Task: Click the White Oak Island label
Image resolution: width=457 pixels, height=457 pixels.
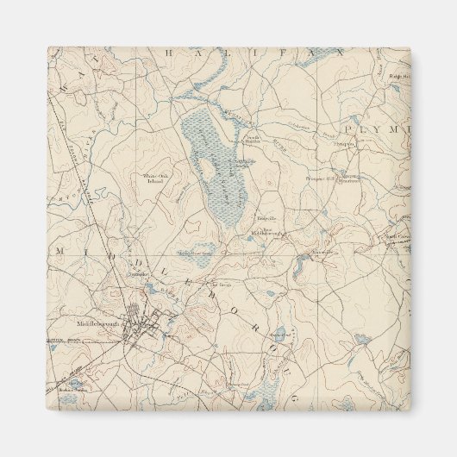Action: click(x=156, y=178)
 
